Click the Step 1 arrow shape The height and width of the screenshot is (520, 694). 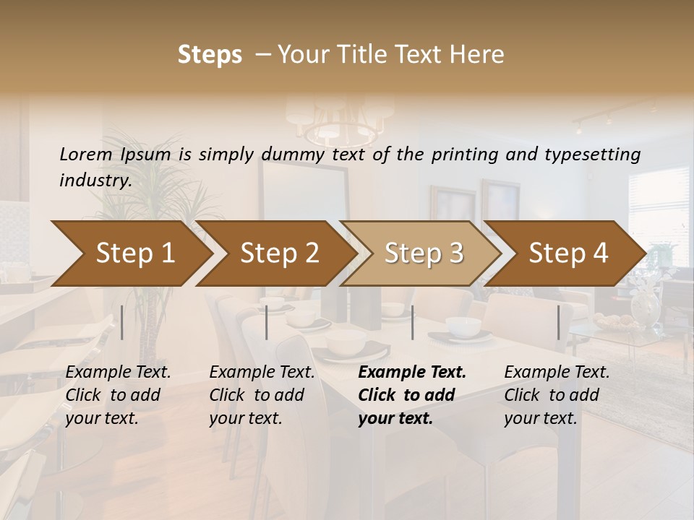[x=134, y=253]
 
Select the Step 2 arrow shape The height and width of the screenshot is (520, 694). [x=279, y=253]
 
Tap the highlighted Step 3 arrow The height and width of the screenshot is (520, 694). [x=424, y=253]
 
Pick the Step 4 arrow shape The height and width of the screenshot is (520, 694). [x=568, y=253]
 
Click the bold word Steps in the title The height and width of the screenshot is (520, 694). [x=210, y=55]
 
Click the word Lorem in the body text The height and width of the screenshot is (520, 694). [x=85, y=154]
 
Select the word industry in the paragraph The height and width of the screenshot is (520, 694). [x=94, y=180]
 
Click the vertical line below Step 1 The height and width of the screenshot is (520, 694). [x=121, y=322]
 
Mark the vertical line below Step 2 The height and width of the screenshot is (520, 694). [x=267, y=322]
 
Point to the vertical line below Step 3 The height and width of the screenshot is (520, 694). [x=412, y=322]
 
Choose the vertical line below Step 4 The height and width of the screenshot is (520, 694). [x=558, y=322]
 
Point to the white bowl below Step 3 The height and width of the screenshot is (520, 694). [x=463, y=327]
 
